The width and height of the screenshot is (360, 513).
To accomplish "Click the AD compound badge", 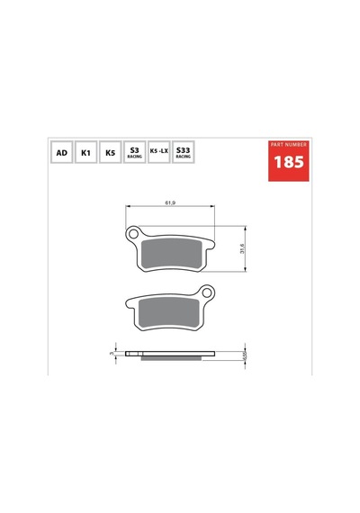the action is (61, 152).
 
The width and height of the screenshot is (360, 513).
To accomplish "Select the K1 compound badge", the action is (85, 152).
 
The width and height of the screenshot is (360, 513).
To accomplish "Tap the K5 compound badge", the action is (111, 152).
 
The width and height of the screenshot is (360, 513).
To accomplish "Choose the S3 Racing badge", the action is (134, 152).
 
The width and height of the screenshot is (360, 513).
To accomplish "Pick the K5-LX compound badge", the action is (158, 152).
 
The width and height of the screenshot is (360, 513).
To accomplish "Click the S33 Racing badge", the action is (184, 152).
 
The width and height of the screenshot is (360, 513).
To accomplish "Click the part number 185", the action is (289, 162).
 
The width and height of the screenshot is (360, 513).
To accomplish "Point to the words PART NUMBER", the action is (289, 144).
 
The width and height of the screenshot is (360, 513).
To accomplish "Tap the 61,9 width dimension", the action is (170, 202).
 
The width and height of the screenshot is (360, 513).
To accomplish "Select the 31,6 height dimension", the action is (242, 248).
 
